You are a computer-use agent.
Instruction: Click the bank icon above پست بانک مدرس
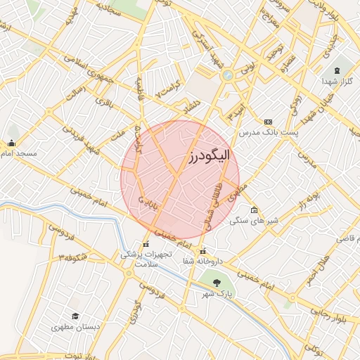(267, 122)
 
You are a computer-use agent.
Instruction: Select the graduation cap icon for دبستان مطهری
(75, 316)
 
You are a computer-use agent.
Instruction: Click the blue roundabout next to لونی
(227, 75)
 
